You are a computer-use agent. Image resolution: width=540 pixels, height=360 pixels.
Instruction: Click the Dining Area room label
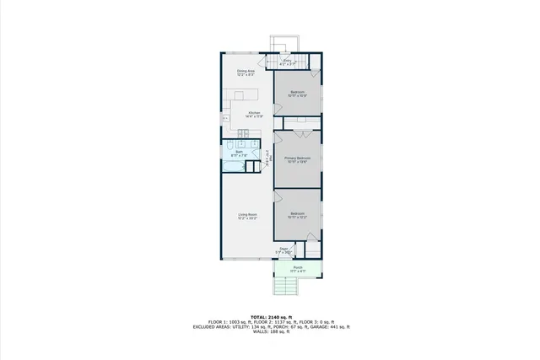coord(246,72)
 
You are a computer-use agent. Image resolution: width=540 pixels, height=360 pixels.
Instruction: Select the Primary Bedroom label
coord(298,158)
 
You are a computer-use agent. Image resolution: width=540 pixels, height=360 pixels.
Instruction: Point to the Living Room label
coord(246,214)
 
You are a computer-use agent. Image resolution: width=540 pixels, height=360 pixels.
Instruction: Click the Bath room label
coord(239,152)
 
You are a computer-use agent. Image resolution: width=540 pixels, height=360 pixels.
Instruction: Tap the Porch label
coord(298,267)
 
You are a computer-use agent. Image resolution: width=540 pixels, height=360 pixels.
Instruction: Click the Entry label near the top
coord(287,61)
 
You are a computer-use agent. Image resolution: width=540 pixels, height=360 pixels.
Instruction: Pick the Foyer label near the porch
coord(284,248)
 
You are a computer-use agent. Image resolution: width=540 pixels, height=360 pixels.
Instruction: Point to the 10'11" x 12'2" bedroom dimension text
coord(297,218)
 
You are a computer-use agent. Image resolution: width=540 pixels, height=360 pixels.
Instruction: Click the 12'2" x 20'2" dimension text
coord(246,218)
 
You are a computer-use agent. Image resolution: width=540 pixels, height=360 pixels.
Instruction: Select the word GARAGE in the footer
coord(327,326)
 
